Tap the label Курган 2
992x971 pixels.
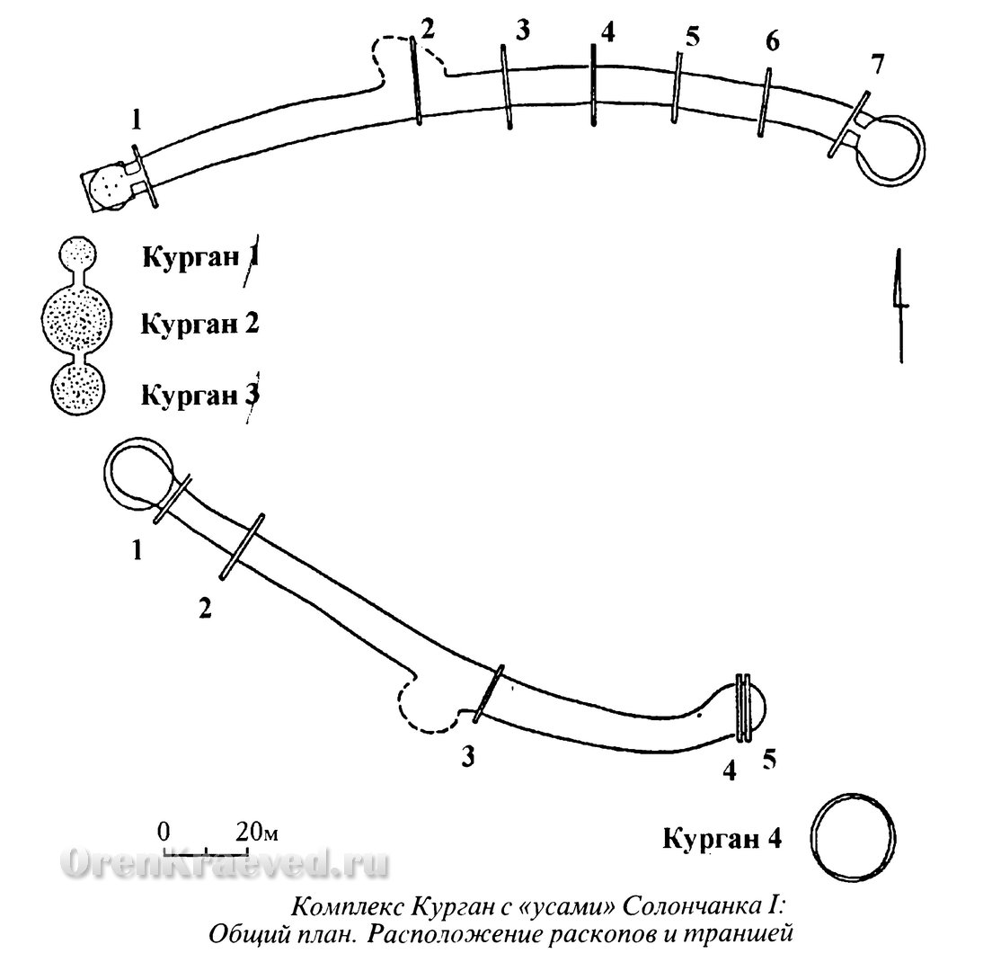(199, 324)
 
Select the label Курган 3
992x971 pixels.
(199, 395)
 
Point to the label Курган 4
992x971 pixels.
(722, 838)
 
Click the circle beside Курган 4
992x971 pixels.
(854, 835)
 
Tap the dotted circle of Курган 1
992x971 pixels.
(78, 255)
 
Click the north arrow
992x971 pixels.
(899, 306)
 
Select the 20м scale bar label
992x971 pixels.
(257, 831)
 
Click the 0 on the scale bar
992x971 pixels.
(164, 831)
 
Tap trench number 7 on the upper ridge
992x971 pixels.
(877, 66)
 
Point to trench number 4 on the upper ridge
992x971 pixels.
(607, 32)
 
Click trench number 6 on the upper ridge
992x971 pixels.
(772, 41)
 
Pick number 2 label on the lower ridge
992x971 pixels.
(205, 609)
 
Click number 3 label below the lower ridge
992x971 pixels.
(467, 756)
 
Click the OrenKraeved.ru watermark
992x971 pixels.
(225, 863)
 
